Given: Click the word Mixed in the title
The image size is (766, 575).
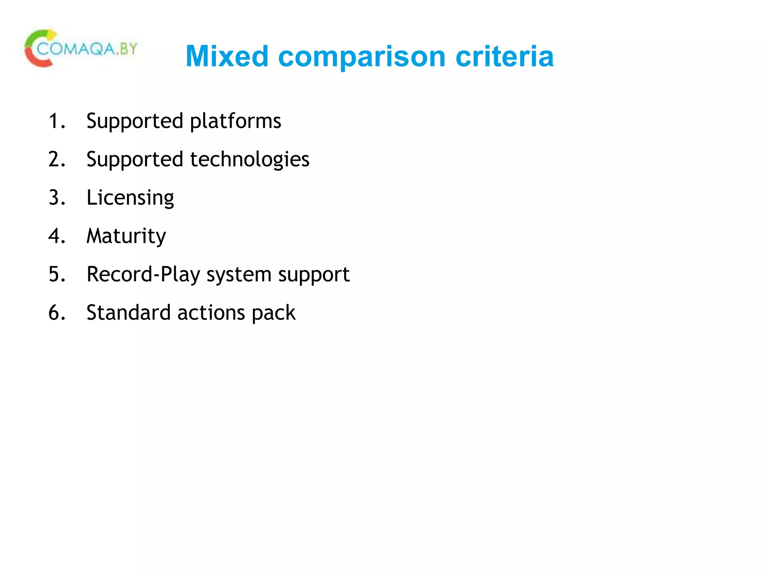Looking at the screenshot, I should [x=227, y=56].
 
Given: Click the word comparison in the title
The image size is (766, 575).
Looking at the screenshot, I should [x=362, y=57].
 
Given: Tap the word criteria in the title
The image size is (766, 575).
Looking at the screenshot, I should [x=505, y=56].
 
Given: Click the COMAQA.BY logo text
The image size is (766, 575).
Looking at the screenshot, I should [x=88, y=49].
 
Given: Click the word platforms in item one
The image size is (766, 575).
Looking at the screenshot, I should [x=236, y=121].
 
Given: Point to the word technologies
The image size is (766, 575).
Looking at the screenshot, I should [x=250, y=160].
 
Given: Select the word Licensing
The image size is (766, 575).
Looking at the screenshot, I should [x=130, y=198].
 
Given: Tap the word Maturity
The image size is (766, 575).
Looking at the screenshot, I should [x=126, y=236].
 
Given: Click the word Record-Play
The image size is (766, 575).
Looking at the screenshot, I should [x=143, y=274].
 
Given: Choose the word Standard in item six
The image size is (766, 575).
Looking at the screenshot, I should [x=129, y=313].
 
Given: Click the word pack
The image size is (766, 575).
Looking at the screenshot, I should [x=273, y=313].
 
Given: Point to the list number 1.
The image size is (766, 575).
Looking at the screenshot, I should [x=56, y=121].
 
